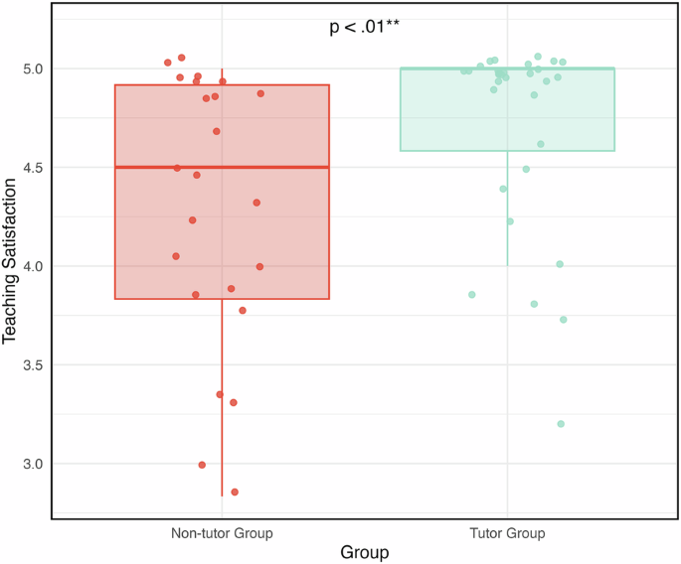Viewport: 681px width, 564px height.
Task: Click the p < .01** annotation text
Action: click(364, 28)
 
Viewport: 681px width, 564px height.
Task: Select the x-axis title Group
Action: click(364, 551)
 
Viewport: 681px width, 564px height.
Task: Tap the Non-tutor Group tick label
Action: click(222, 533)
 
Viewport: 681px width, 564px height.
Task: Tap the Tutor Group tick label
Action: click(507, 533)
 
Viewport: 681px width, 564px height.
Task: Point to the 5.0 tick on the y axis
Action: click(32, 69)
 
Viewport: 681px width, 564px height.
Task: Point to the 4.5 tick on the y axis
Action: click(32, 168)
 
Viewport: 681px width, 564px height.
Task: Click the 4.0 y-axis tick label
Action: click(32, 266)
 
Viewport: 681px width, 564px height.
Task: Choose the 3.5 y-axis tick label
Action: click(32, 365)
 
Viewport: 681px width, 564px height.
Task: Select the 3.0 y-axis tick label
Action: click(32, 464)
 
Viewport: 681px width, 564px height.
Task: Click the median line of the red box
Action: click(222, 168)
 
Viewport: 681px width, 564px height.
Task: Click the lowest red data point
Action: click(235, 492)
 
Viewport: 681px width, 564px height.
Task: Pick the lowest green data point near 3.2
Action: click(561, 424)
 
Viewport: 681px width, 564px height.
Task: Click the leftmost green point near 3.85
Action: click(472, 295)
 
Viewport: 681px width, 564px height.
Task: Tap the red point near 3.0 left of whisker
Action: click(202, 465)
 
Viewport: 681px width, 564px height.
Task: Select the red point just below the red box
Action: click(243, 311)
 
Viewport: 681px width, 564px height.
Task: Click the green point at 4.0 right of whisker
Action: click(560, 264)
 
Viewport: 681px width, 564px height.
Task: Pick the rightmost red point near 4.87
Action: click(260, 93)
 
